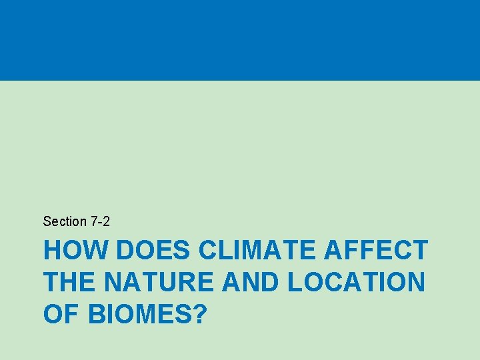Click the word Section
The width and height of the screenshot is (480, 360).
[x=65, y=221]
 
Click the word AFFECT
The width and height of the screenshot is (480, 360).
[x=375, y=251]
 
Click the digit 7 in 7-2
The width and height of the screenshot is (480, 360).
[x=94, y=221]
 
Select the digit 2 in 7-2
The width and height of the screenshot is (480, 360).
[x=106, y=221]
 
